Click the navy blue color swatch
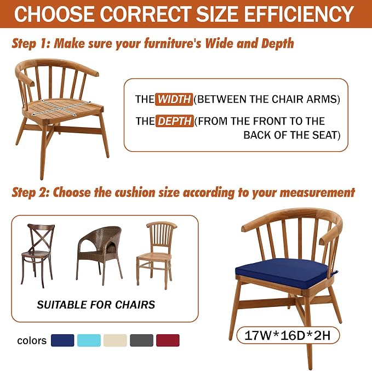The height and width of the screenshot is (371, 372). click(62, 340)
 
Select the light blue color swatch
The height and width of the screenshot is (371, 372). click(89, 340)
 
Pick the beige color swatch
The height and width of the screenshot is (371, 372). click(115, 340)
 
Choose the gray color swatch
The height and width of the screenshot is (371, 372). click(141, 340)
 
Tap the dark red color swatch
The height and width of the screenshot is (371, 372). click(168, 340)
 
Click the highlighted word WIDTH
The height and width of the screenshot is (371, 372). click(174, 99)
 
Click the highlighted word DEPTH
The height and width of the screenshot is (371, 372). click(175, 121)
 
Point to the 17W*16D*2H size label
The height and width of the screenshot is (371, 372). click(288, 335)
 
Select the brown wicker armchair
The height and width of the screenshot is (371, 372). click(99, 255)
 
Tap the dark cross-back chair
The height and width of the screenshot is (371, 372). click(37, 255)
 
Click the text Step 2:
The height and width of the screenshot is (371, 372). click(31, 192)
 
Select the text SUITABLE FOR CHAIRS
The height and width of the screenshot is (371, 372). click(96, 305)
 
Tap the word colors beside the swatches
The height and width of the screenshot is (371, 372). click(32, 341)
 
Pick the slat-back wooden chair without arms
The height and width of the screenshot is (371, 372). click(157, 255)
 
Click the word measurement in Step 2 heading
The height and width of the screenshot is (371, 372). click(317, 192)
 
